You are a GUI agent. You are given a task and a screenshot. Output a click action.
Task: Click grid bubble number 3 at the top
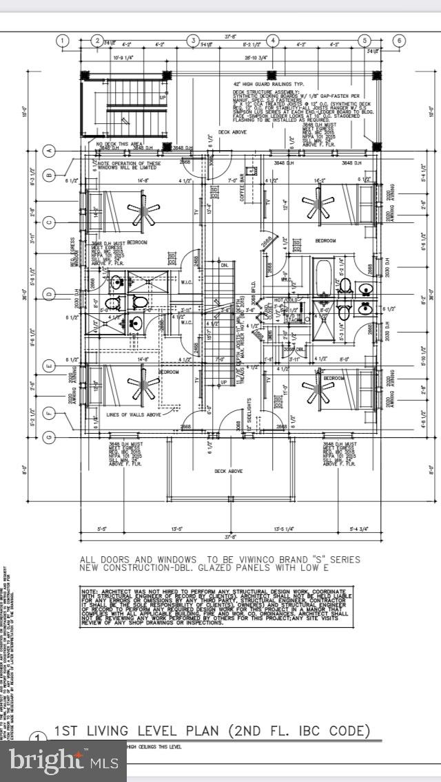pyautogui.click(x=194, y=41)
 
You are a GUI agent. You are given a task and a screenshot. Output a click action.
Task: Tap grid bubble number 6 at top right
pyautogui.click(x=398, y=41)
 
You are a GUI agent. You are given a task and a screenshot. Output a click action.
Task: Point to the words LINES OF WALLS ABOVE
pyautogui.click(x=133, y=414)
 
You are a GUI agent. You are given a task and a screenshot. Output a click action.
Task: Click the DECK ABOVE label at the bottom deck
pyautogui.click(x=228, y=471)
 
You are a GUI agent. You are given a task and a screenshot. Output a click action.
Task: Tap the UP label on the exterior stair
pyautogui.click(x=163, y=98)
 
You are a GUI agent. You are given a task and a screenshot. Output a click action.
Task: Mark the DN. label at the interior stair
pyautogui.click(x=224, y=264)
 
